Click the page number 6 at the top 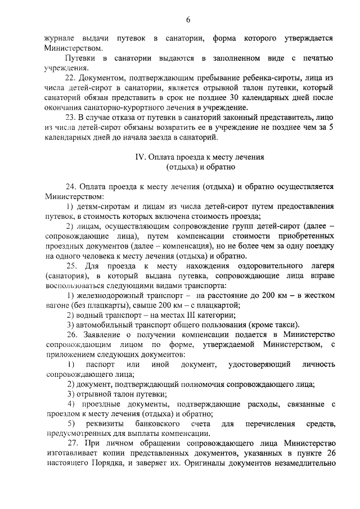(x=188, y=20)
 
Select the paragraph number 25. (x=71, y=265)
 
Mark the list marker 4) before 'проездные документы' (x=70, y=404)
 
